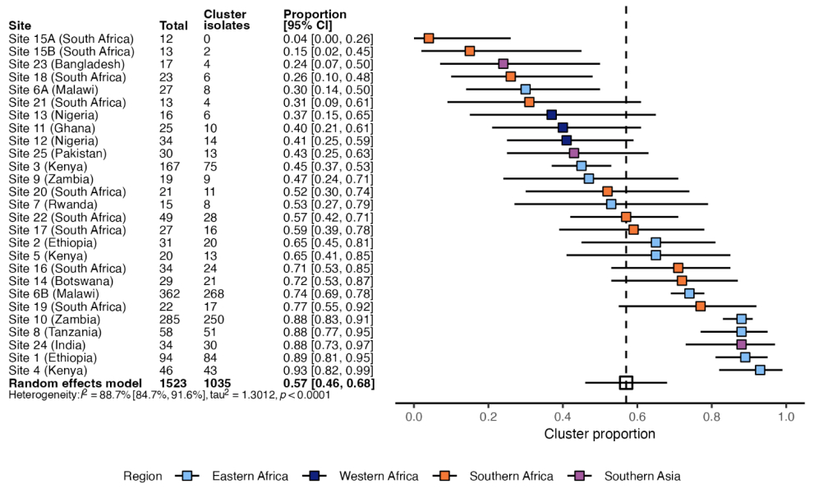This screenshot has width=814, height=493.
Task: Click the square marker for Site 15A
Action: pos(429,38)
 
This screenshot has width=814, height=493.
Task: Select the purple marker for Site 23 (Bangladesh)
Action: pos(504,63)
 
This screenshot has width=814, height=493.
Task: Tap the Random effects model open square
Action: pos(626,382)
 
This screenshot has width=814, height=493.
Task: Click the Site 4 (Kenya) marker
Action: pos(760,370)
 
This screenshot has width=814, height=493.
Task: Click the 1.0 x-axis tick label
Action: pos(787,416)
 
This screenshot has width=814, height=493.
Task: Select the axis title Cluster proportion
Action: pos(600,434)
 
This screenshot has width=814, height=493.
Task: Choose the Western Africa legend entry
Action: pos(378,476)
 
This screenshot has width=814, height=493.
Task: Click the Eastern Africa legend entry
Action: pos(250,476)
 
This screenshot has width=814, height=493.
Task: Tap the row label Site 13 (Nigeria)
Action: pos(50,115)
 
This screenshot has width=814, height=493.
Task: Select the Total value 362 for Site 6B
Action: pos(170,293)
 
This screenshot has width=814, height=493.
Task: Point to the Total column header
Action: pos(173,25)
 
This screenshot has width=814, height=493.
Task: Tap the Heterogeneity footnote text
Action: pos(168,395)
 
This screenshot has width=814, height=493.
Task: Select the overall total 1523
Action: pos(173,383)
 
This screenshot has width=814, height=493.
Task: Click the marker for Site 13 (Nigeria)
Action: pos(551,114)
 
